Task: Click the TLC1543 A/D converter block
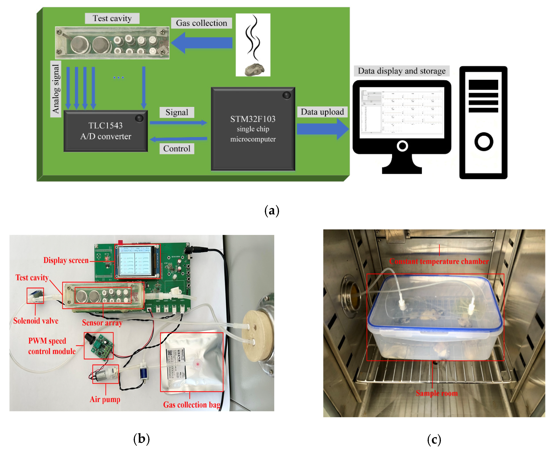tap(105, 131)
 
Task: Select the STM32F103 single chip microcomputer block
tap(253, 129)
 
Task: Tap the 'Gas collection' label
tap(201, 23)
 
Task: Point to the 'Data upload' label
tap(322, 112)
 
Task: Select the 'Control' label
tap(177, 149)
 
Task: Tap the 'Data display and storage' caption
tap(401, 71)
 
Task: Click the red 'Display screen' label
tap(66, 260)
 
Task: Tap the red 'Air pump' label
tap(105, 399)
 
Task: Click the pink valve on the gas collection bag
tap(198, 364)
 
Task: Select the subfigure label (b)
tap(141, 439)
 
